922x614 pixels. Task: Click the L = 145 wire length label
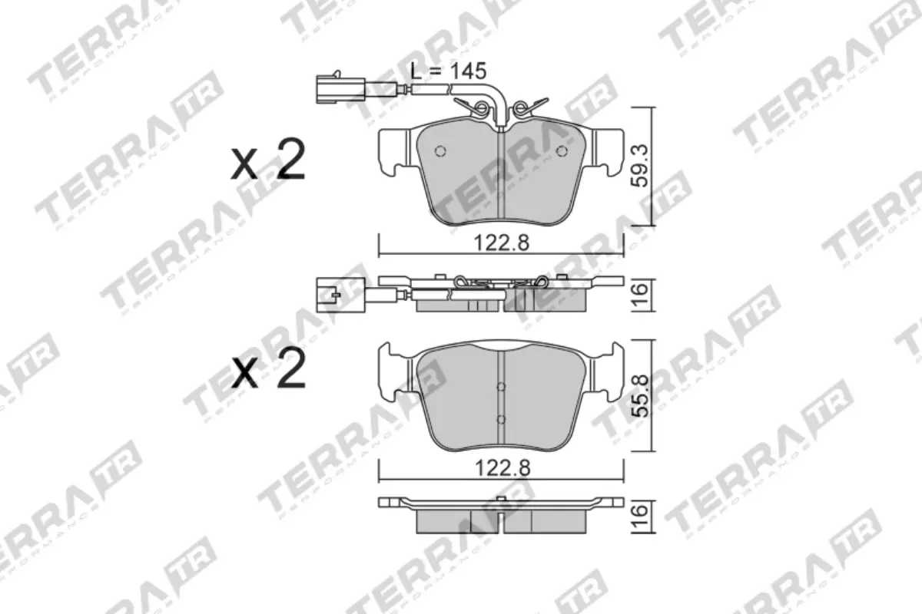[x=448, y=71]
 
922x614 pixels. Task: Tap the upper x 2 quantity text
[x=269, y=160]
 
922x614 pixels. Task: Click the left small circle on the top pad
[x=440, y=150]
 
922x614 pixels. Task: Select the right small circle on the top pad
[x=562, y=150]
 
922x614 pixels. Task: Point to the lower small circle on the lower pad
[x=501, y=419]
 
